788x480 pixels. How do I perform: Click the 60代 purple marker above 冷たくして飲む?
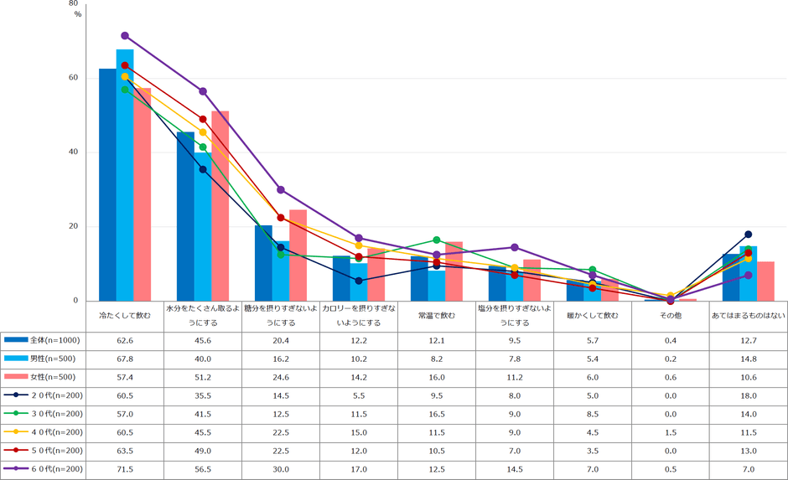pyautogui.click(x=125, y=35)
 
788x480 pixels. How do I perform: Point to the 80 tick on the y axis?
pyautogui.click(x=74, y=4)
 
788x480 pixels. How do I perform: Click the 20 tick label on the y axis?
pyautogui.click(x=74, y=226)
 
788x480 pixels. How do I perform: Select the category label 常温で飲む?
pyautogui.click(x=436, y=316)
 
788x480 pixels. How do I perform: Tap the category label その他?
pyautogui.click(x=670, y=316)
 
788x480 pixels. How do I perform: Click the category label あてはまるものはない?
pyautogui.click(x=748, y=316)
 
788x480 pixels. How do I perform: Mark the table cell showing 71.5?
pyautogui.click(x=125, y=469)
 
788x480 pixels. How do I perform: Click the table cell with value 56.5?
pyautogui.click(x=203, y=469)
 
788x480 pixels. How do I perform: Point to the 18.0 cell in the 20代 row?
pyautogui.click(x=748, y=395)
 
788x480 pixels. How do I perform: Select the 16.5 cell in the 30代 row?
pyautogui.click(x=436, y=414)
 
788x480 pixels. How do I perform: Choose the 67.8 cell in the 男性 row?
pyautogui.click(x=125, y=359)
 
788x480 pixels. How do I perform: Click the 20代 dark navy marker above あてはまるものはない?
pyautogui.click(x=748, y=235)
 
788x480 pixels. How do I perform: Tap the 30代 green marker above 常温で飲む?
pyautogui.click(x=436, y=240)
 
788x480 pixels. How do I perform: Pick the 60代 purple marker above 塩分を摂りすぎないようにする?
pyautogui.click(x=514, y=247)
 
